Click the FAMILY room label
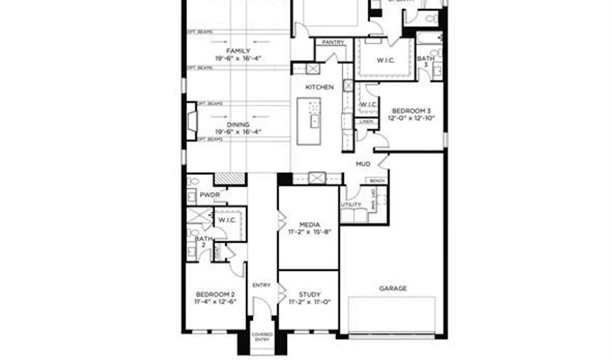(238, 51)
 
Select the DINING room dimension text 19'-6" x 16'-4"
(238, 132)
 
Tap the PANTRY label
(333, 42)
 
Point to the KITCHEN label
(319, 87)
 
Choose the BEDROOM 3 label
(411, 110)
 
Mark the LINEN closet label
(366, 121)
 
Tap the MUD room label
(363, 164)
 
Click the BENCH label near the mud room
(376, 180)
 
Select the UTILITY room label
(351, 204)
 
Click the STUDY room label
(309, 294)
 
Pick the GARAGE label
(392, 289)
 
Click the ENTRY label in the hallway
(261, 285)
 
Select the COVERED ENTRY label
(262, 337)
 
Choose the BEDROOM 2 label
(216, 294)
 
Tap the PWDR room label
(208, 195)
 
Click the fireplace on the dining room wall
(192, 121)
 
